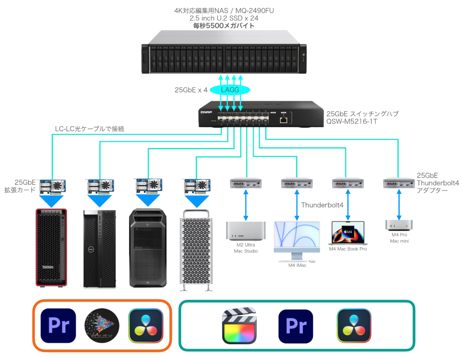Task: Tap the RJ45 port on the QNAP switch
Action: pos(283,120)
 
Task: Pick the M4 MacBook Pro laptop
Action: pos(348,233)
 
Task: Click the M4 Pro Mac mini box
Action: pos(399,225)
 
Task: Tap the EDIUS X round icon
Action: pos(102,326)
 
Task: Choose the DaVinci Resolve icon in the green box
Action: pos(354,326)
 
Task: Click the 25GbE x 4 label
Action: pos(191,90)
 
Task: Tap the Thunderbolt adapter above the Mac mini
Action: pos(399,183)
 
